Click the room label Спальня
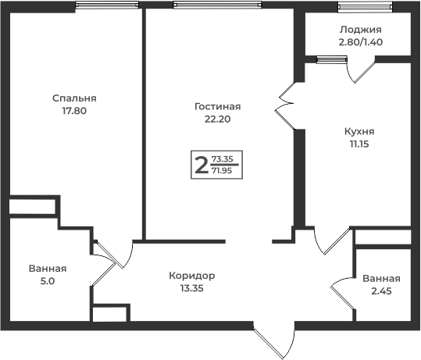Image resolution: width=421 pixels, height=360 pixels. [x=74, y=98]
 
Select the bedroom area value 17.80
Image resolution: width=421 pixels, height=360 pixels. [x=74, y=111]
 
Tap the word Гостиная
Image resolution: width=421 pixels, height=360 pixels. [x=217, y=106]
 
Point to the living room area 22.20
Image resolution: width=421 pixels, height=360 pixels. [x=217, y=119]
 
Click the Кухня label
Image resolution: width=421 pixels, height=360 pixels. [x=359, y=131]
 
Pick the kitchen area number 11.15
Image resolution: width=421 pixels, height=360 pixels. [x=359, y=144]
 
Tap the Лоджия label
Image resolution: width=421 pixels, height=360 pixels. [x=361, y=30]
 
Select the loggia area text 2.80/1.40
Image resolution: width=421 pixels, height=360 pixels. [x=361, y=42]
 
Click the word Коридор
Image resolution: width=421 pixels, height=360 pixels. [x=192, y=276]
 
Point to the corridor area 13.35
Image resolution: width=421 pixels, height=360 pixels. [x=192, y=288]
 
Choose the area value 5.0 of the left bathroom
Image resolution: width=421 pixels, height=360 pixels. [x=48, y=281]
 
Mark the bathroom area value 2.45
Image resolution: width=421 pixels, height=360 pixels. [x=381, y=291]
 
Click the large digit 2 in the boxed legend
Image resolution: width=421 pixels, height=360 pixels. [x=202, y=165]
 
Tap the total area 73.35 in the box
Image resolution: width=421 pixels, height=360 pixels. [x=223, y=159]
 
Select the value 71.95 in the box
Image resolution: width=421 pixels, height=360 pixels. [x=222, y=170]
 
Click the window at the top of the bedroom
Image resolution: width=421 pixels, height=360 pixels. [x=107, y=5]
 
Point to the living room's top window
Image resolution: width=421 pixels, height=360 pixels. [x=217, y=5]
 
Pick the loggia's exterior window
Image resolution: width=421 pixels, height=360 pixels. [x=366, y=7]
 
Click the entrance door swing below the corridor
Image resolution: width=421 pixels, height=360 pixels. [x=274, y=340]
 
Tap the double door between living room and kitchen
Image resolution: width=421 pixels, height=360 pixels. [x=284, y=105]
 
